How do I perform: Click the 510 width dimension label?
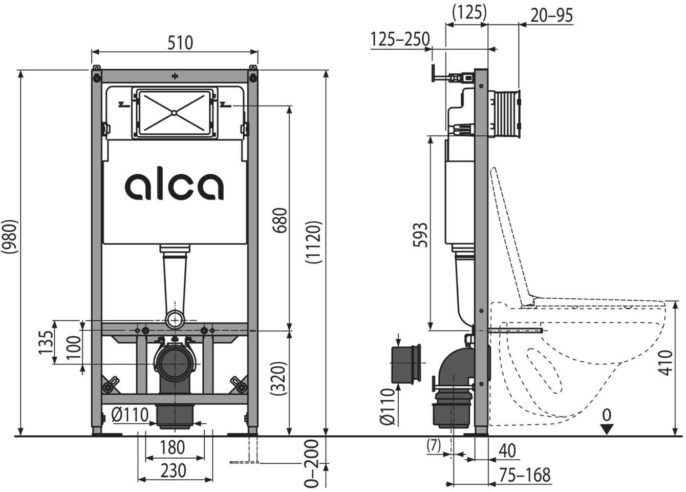[180, 43]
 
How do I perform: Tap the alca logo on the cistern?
[174, 187]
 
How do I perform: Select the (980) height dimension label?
[10, 237]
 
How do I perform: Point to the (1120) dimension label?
[314, 242]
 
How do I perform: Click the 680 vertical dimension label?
[280, 220]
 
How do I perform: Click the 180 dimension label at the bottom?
[173, 447]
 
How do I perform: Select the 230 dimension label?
[174, 470]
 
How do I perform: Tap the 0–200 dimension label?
[312, 463]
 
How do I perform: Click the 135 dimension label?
[46, 342]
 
